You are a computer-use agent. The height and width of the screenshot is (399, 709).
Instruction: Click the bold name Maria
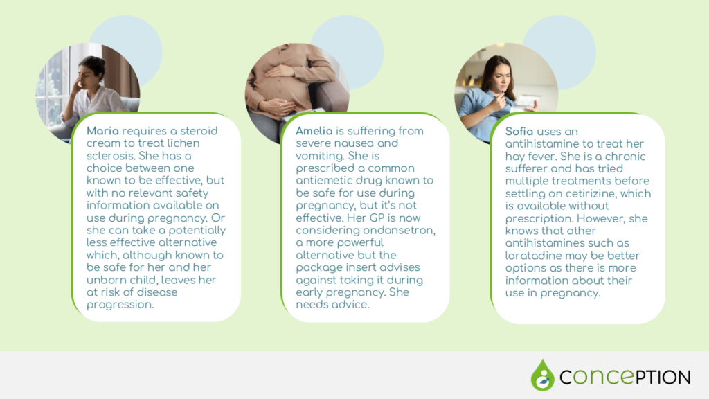pyautogui.click(x=102, y=131)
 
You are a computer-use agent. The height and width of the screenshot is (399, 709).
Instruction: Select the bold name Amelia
pyautogui.click(x=314, y=131)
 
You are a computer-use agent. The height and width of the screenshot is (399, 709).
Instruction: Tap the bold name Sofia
pyautogui.click(x=519, y=131)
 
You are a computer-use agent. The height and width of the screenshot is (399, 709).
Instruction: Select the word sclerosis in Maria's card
pyautogui.click(x=111, y=156)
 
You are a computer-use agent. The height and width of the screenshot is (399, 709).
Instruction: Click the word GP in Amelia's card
pyautogui.click(x=377, y=218)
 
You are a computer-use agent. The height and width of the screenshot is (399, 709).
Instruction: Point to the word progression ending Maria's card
pyautogui.click(x=120, y=305)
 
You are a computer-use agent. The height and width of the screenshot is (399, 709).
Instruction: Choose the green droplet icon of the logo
pyautogui.click(x=543, y=375)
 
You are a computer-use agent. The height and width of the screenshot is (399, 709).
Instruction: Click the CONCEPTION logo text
pyautogui.click(x=625, y=377)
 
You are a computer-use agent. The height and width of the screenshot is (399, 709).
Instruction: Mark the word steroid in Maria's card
pyautogui.click(x=199, y=131)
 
